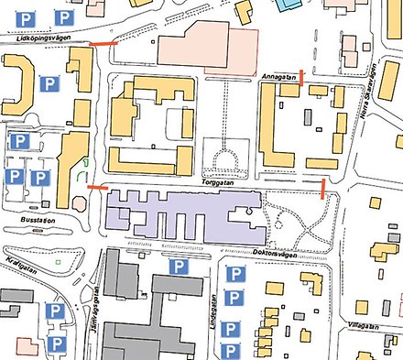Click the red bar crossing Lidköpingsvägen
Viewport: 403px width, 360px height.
103,43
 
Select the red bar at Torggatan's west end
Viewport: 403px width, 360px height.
96,188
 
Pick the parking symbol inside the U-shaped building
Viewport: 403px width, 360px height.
49,85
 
